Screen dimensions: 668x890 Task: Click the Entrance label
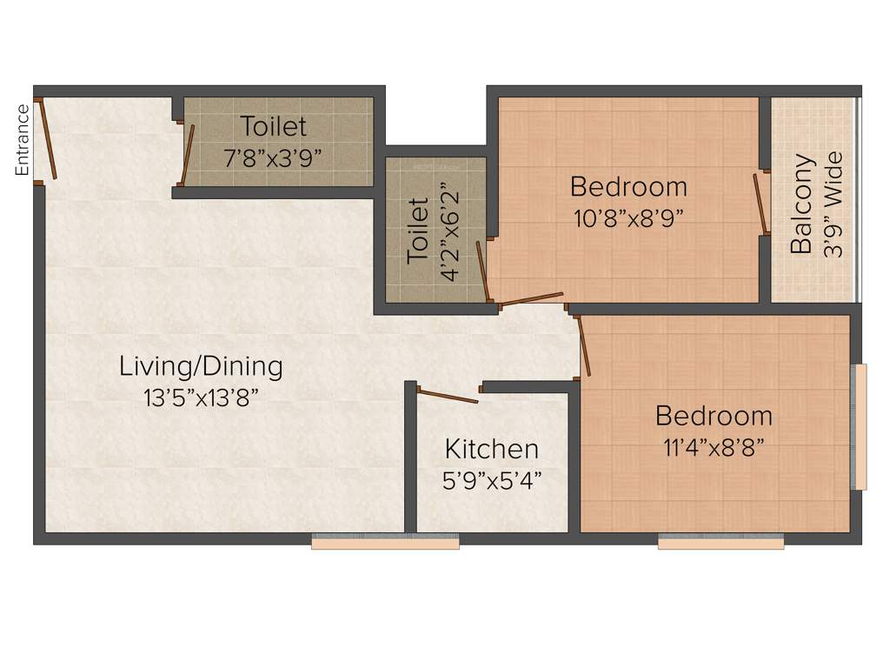click(x=23, y=140)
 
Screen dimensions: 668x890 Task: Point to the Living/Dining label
click(x=201, y=366)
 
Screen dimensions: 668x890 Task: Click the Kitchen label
click(x=491, y=449)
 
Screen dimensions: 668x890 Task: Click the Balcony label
click(x=801, y=204)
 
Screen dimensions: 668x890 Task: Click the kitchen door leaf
click(x=448, y=396)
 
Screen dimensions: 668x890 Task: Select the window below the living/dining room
click(x=385, y=544)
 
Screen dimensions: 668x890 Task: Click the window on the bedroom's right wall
click(x=860, y=426)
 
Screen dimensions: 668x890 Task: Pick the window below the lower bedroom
click(x=721, y=543)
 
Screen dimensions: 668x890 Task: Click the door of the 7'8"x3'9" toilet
click(x=186, y=153)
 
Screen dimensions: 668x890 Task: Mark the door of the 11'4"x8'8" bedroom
click(x=584, y=345)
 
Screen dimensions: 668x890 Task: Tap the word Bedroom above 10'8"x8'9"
click(x=628, y=186)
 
